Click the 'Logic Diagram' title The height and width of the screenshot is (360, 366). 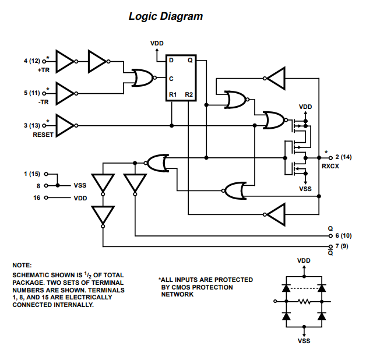click(166, 16)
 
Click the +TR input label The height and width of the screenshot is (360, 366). click(44, 70)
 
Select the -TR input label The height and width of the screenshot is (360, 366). click(44, 102)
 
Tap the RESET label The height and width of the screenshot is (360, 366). click(43, 135)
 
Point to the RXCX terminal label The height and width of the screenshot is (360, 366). click(331, 166)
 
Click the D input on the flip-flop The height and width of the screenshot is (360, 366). click(171, 61)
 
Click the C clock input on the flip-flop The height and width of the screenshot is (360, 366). click(171, 77)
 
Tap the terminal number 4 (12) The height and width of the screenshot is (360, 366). click(31, 61)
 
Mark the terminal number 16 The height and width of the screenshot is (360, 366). click(38, 197)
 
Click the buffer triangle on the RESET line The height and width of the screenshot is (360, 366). click(65, 125)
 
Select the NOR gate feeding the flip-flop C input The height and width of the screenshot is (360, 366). click(142, 77)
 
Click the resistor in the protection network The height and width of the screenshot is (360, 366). click(304, 302)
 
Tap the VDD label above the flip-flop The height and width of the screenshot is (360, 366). click(157, 44)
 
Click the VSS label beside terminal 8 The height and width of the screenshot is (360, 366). click(80, 186)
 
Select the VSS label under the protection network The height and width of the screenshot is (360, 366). click(304, 341)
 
